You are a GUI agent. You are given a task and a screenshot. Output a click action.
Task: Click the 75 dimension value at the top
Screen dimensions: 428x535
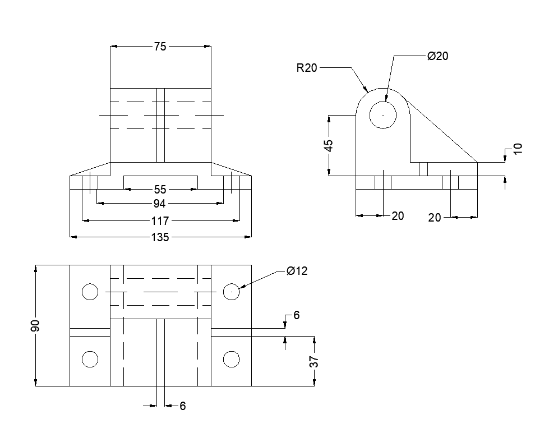160,47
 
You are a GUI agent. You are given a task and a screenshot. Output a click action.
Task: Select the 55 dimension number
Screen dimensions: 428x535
160,190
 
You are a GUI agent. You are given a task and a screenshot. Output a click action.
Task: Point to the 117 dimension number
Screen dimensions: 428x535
160,221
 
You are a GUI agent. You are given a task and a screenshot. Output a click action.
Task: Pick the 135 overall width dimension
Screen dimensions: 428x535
160,237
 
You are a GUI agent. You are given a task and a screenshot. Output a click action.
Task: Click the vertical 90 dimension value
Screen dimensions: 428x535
35,325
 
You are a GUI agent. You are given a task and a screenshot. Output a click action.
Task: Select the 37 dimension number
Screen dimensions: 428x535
315,362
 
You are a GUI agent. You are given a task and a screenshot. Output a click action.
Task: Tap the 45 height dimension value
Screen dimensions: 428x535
329,145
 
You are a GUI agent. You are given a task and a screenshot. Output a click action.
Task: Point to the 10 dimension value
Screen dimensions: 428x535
518,148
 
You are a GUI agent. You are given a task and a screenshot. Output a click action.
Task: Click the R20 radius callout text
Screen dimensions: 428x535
307,68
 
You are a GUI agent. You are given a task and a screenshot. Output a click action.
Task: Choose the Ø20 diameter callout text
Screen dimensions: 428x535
437,56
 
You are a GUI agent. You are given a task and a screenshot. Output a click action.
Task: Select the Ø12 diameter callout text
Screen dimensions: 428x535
297,271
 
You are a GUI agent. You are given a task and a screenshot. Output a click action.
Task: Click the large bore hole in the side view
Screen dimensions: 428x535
383,115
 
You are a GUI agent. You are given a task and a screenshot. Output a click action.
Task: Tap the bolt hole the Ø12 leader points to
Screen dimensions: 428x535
232,292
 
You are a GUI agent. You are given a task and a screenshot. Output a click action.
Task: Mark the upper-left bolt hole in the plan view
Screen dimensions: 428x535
90,292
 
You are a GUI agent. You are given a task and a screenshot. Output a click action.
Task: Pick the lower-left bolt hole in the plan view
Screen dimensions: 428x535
90,359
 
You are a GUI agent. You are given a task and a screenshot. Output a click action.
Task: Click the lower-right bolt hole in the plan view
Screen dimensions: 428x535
232,359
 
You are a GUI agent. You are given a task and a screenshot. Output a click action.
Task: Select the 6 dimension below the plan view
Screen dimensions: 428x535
182,407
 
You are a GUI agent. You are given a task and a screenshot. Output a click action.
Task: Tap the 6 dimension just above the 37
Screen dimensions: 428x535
296,316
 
